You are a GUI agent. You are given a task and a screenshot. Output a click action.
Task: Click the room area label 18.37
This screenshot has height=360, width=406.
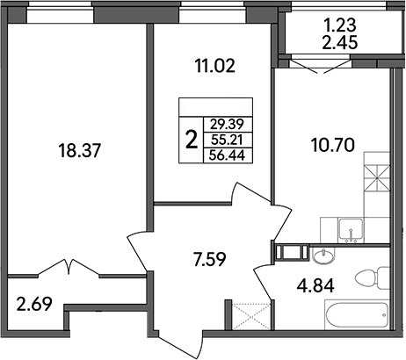pyautogui.click(x=78, y=151)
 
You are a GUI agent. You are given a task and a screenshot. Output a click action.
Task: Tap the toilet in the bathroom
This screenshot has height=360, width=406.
pyautogui.click(x=369, y=280)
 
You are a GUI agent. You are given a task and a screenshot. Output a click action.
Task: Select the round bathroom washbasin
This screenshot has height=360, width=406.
pyautogui.click(x=322, y=256)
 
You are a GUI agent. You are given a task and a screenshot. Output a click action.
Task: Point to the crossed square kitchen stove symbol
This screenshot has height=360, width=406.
pyautogui.click(x=375, y=178)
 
